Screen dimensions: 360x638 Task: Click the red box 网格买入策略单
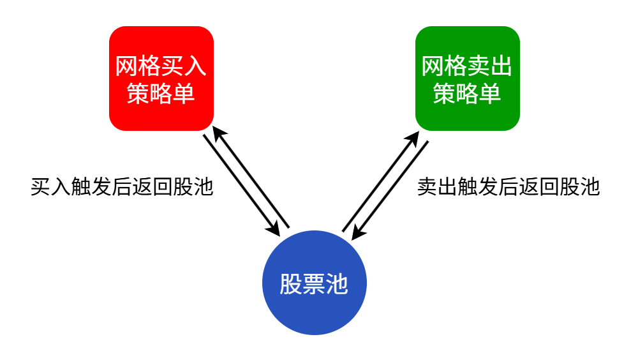click(161, 79)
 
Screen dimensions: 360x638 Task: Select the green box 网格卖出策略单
click(467, 79)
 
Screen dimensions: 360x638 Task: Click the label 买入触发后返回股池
click(121, 186)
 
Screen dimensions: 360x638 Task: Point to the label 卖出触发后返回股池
click(508, 186)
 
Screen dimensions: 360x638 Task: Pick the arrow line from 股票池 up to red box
click(253, 179)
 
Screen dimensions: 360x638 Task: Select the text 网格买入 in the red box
click(161, 66)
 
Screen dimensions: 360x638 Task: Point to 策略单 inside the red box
click(161, 94)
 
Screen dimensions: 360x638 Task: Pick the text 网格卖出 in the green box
click(467, 66)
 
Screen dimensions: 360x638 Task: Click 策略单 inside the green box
click(467, 94)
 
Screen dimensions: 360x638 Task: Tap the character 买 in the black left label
click(40, 186)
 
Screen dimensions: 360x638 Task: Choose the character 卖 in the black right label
click(427, 186)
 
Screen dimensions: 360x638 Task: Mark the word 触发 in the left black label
click(91, 186)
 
